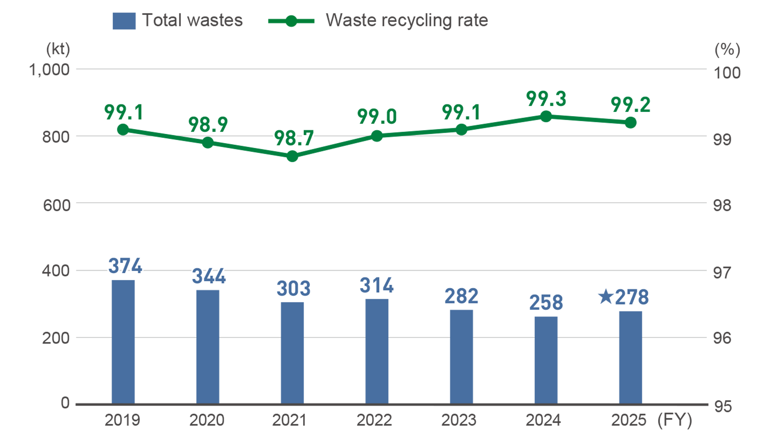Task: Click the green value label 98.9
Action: tap(208, 125)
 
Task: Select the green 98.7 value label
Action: tap(294, 138)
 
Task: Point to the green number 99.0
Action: tap(377, 117)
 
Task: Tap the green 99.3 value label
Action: tap(546, 99)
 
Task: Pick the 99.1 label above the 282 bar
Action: tap(461, 112)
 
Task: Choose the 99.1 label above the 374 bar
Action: tap(124, 112)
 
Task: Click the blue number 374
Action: tap(125, 266)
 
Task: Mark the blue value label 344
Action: tap(209, 276)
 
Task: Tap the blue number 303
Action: tap(293, 289)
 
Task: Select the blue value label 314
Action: tap(377, 285)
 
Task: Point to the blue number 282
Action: tap(461, 296)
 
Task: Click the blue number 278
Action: tap(632, 297)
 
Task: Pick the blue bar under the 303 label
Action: tap(292, 353)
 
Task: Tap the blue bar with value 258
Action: tap(546, 359)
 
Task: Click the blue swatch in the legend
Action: tap(123, 31)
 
